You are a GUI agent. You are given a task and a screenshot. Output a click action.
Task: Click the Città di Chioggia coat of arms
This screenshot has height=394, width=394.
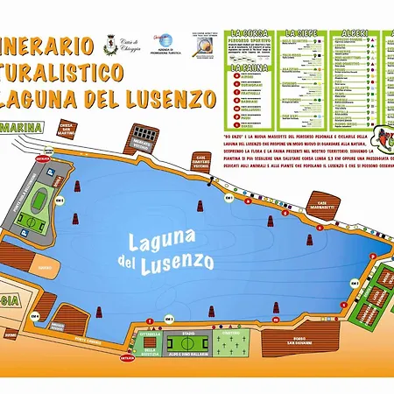click(110, 43)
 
